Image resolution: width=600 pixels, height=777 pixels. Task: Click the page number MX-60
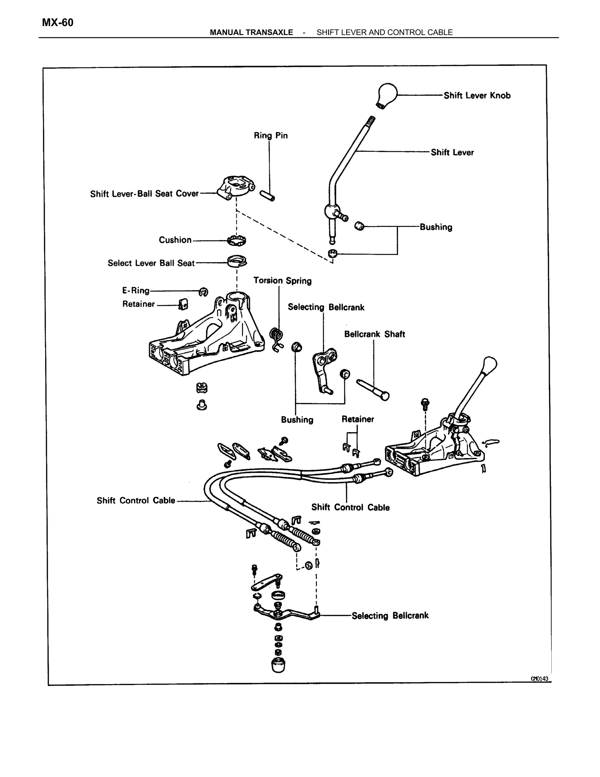point(58,23)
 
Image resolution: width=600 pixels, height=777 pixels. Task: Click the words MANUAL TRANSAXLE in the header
point(251,32)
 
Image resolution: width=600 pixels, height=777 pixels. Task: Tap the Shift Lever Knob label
point(477,95)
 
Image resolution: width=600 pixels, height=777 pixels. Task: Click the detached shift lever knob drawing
point(386,95)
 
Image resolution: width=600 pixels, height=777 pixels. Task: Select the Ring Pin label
point(270,135)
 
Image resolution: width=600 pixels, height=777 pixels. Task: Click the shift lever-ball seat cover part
point(235,187)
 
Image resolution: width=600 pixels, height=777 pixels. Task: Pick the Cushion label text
point(175,240)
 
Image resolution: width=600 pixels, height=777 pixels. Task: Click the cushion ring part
point(237,240)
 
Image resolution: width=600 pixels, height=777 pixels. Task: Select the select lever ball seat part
point(237,262)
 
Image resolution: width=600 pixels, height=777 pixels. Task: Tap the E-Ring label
point(136,291)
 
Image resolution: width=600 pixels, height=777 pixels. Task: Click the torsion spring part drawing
point(277,339)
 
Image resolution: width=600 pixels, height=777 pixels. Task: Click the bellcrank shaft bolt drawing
point(373,390)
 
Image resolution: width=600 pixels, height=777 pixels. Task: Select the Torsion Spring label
point(282,281)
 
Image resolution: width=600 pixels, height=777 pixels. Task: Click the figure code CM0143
point(539,678)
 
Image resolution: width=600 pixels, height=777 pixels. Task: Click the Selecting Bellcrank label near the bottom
point(390,616)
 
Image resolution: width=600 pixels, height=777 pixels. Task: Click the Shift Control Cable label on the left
point(136,501)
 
